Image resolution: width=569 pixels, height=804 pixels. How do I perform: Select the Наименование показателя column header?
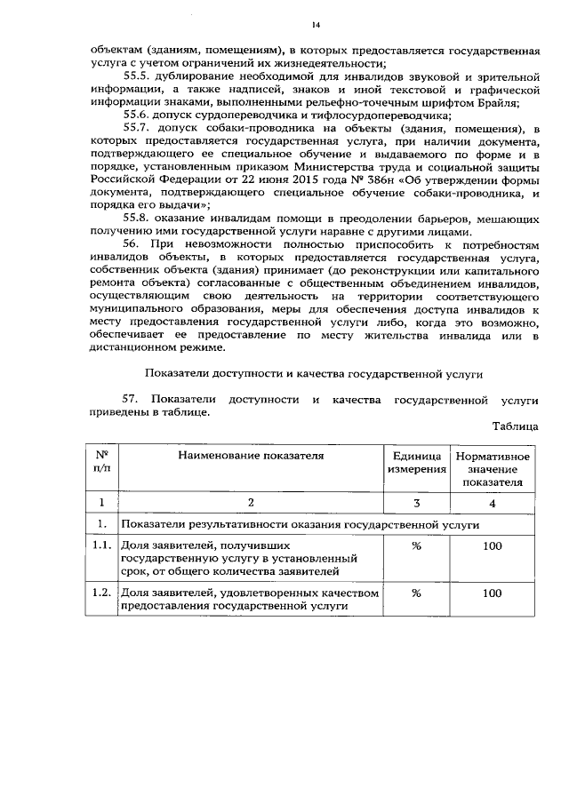250,456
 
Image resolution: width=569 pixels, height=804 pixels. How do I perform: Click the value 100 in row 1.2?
493,593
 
